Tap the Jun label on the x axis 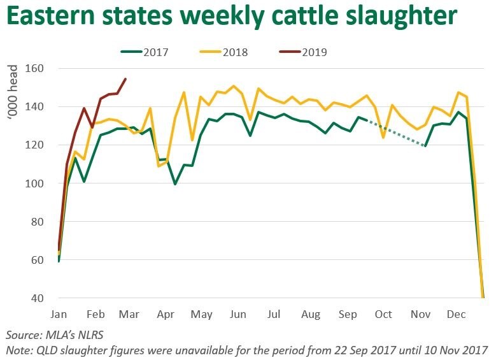pyautogui.click(x=237, y=315)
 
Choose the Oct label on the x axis pyautogui.click(x=383, y=315)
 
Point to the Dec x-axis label pyautogui.click(x=455, y=315)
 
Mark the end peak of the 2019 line pyautogui.click(x=125, y=79)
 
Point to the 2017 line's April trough pyautogui.click(x=175, y=184)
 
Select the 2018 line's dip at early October pyautogui.click(x=383, y=137)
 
